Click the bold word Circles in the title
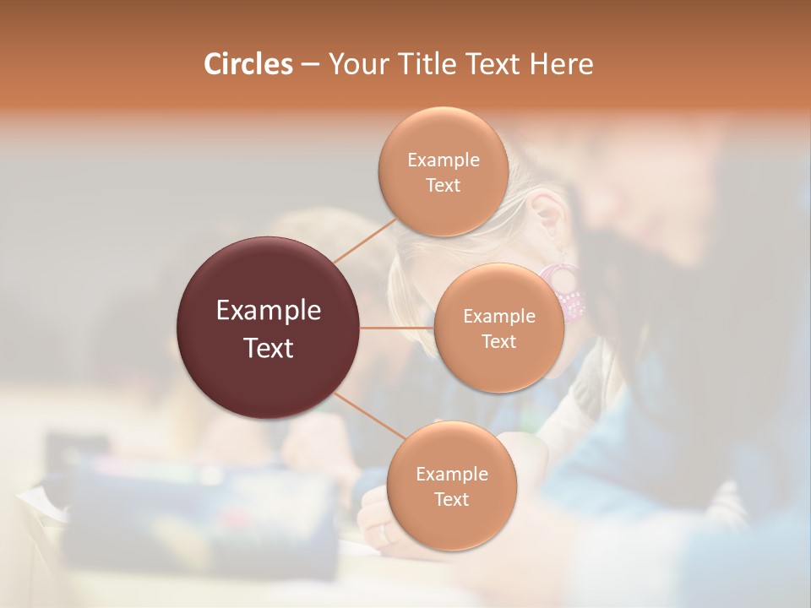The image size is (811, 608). [248, 64]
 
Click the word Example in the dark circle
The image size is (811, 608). [269, 311]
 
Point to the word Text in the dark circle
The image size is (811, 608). [269, 348]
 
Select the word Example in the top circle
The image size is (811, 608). [443, 160]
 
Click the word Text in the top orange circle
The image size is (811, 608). [443, 186]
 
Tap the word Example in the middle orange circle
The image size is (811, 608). [499, 317]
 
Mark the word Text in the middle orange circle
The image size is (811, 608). [499, 342]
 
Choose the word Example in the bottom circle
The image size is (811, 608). [451, 475]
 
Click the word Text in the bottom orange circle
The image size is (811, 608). [451, 500]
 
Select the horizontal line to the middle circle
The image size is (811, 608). [397, 328]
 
